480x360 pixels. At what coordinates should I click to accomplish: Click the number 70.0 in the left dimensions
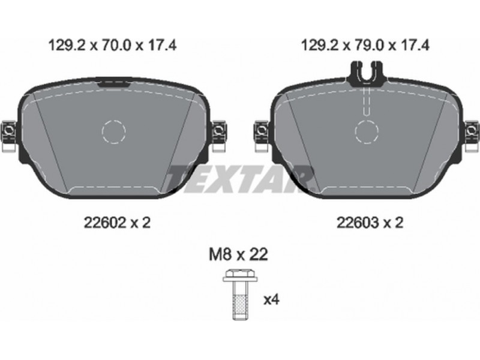tap(116, 46)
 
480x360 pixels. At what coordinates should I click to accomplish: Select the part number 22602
tap(105, 223)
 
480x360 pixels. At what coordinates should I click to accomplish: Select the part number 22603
tap(358, 223)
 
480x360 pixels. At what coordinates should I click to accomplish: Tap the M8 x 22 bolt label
tap(238, 254)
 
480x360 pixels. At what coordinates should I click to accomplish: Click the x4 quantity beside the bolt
tap(272, 299)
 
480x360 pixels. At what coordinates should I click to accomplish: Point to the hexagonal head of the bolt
tap(240, 273)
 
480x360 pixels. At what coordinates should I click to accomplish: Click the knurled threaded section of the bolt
tap(240, 304)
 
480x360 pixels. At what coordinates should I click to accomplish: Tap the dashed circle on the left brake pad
tap(113, 131)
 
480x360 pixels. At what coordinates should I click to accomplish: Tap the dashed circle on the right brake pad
tap(367, 131)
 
